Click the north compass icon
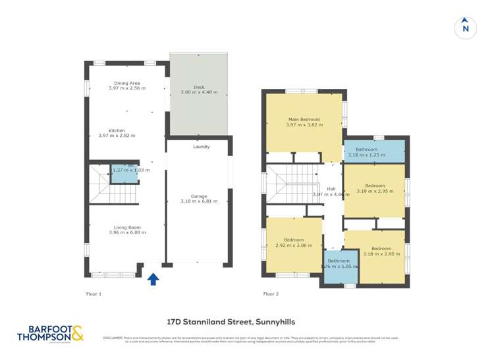click(x=466, y=28)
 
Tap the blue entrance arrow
click(x=153, y=279)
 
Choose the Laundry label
click(x=201, y=147)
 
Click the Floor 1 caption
click(x=94, y=294)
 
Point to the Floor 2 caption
click(x=271, y=294)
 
